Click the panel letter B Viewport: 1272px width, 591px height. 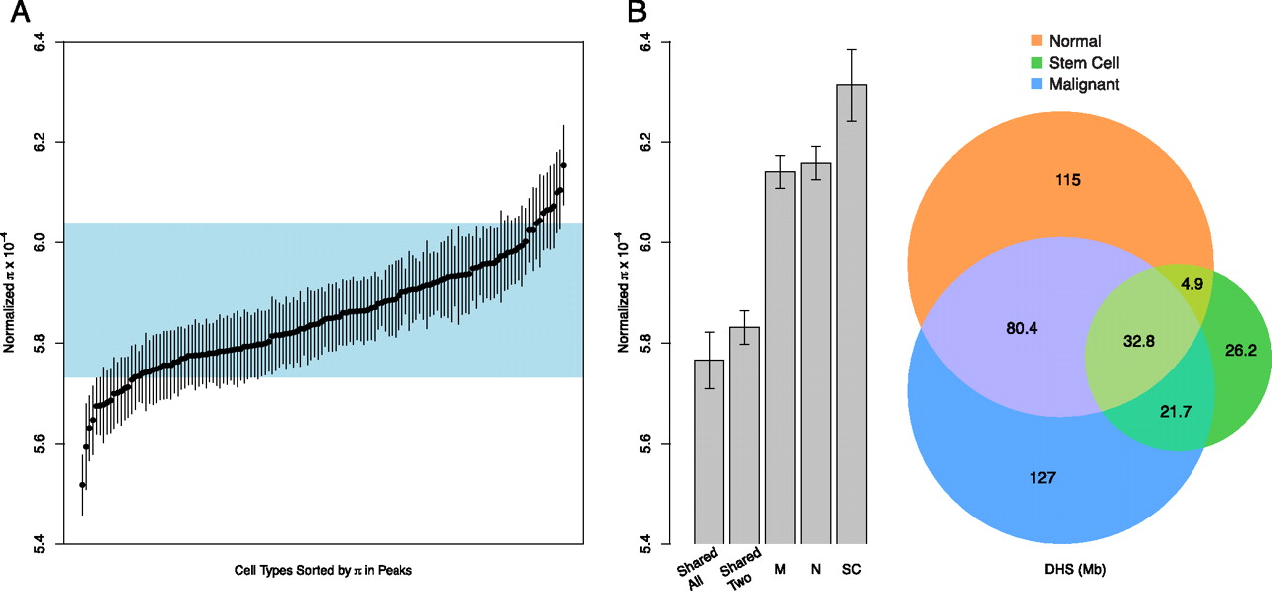(637, 13)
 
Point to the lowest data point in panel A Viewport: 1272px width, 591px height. (82, 485)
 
